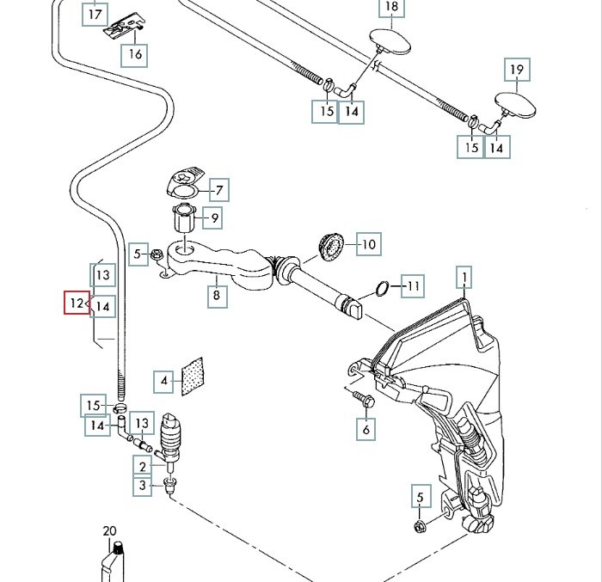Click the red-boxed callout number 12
(x=77, y=303)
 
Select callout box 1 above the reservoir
(x=464, y=278)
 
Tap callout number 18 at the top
(x=391, y=9)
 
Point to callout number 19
(x=517, y=70)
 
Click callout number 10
(x=368, y=245)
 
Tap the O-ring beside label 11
(x=383, y=286)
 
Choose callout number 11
(x=415, y=285)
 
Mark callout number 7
(x=218, y=190)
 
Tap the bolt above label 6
(x=362, y=399)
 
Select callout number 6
(x=367, y=428)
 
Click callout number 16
(x=135, y=54)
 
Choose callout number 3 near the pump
(x=142, y=487)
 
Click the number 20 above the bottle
(x=109, y=531)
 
